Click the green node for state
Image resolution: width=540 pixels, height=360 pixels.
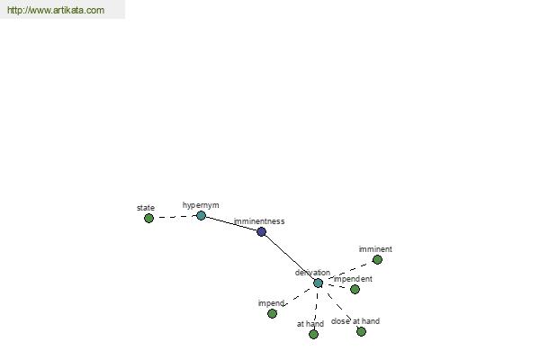click(x=148, y=218)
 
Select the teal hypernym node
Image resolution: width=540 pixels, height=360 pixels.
click(x=201, y=216)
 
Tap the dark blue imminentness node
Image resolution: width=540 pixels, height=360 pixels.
click(x=261, y=232)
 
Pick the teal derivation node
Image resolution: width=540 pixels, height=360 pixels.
click(x=318, y=283)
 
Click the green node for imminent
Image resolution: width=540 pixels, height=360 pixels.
click(x=377, y=259)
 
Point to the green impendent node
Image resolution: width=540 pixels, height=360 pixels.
click(x=355, y=289)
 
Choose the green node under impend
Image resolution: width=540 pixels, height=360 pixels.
click(x=272, y=313)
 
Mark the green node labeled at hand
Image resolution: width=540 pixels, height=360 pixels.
click(x=313, y=334)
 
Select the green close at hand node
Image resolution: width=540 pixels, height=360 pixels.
click(x=361, y=332)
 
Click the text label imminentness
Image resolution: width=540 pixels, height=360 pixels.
click(x=259, y=221)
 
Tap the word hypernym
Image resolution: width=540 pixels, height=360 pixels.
click(x=201, y=205)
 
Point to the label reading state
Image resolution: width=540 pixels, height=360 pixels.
click(x=145, y=208)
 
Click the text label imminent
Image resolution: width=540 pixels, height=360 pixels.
click(x=375, y=249)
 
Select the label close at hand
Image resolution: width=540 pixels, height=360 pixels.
click(x=355, y=321)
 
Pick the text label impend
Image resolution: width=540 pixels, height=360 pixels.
click(x=271, y=303)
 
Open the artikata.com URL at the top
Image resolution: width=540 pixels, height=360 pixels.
click(x=56, y=10)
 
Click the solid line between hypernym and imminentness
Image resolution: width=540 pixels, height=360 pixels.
click(x=231, y=224)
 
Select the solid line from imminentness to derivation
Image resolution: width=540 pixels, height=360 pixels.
click(x=290, y=257)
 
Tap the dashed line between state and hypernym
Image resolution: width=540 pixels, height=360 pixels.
click(x=175, y=217)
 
